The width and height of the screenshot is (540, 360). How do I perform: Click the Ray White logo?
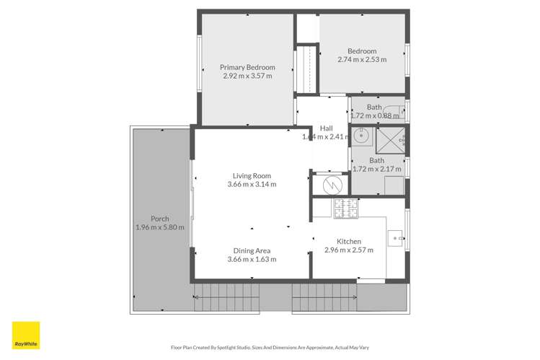point(26,335)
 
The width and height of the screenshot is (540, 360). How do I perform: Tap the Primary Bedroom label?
point(247,67)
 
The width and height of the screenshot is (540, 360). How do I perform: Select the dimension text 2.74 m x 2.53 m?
point(362,60)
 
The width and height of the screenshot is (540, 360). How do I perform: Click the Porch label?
point(159,219)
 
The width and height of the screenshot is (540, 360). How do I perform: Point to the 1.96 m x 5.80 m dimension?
point(159,227)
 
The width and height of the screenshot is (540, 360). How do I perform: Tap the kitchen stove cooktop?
point(346,208)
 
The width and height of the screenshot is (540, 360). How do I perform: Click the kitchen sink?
point(395,236)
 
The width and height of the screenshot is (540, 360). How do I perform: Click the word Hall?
point(326,128)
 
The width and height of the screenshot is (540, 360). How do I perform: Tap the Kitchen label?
point(349,242)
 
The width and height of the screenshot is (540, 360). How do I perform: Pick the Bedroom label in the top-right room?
point(362,51)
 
